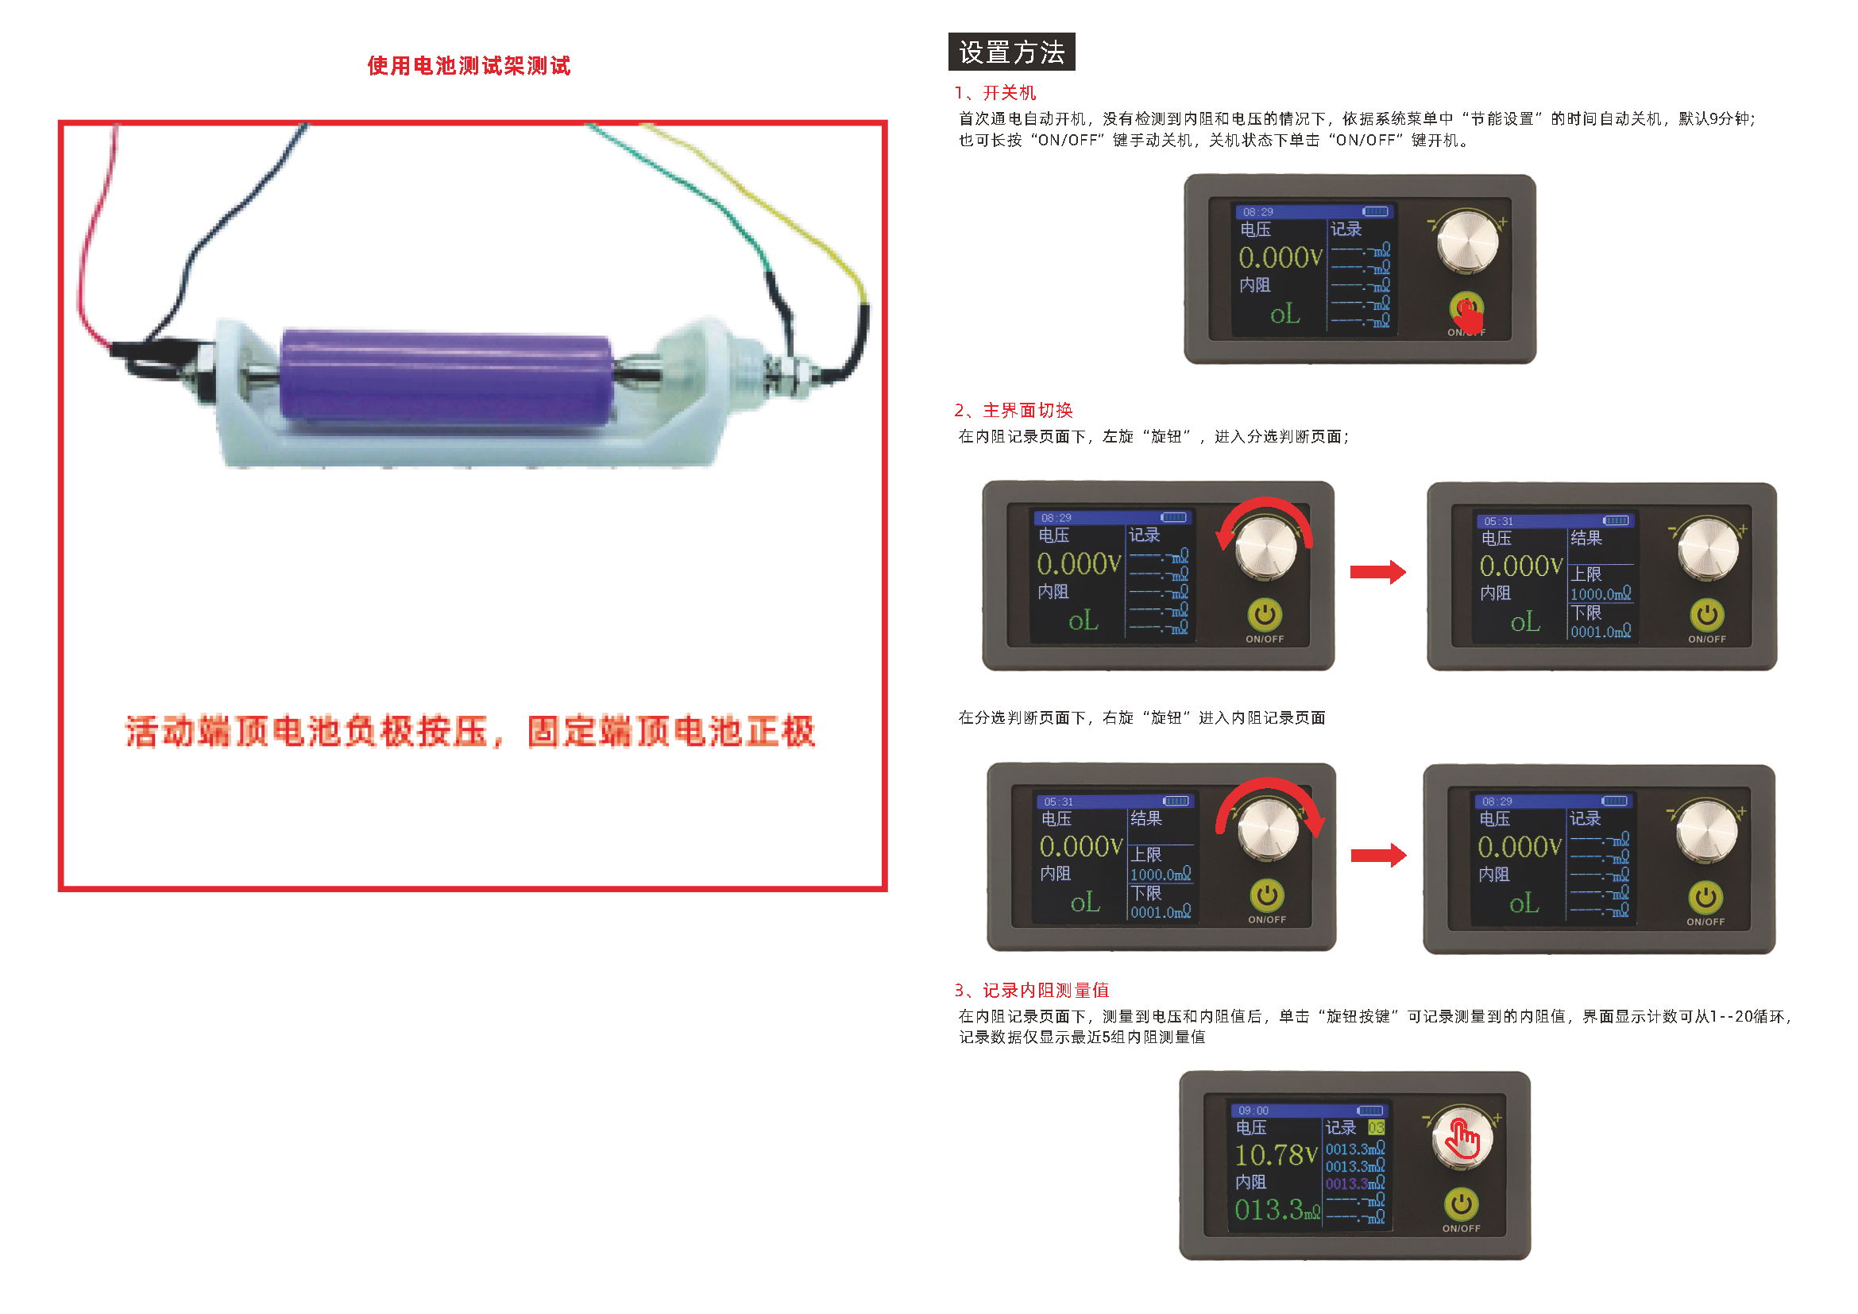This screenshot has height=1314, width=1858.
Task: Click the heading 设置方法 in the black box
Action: coord(1010,52)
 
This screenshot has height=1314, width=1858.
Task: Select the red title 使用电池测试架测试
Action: coord(469,65)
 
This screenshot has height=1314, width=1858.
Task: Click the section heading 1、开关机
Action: coord(995,93)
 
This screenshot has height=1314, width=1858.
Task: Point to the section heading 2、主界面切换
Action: coord(1013,410)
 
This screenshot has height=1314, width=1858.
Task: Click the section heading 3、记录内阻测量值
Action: coord(1031,991)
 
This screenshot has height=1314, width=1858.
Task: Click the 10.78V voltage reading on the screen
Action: coord(1277,1154)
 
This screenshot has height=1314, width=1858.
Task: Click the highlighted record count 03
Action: coord(1376,1127)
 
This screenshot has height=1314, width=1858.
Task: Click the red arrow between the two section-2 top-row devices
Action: coord(1377,572)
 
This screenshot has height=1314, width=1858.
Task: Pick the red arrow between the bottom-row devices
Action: coord(1378,855)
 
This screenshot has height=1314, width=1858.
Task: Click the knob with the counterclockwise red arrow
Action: coord(1265,548)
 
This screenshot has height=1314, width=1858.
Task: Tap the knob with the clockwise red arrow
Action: coord(1268,829)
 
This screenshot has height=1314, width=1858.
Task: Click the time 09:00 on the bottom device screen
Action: coord(1253,1110)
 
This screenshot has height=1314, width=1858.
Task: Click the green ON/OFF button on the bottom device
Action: coord(1461,1204)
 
